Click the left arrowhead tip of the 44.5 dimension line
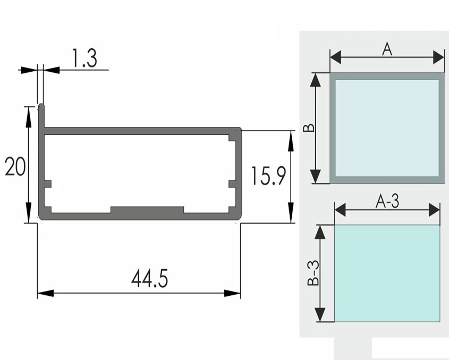click(x=38, y=293)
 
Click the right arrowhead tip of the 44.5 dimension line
click(x=240, y=293)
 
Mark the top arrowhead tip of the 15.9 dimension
click(x=291, y=131)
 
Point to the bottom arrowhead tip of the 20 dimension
click(x=28, y=222)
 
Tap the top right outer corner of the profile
click(x=241, y=128)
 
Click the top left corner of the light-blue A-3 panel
click(x=335, y=225)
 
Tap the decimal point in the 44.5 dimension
click(x=154, y=285)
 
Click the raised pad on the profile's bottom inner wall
click(x=147, y=210)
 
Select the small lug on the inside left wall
click(x=48, y=184)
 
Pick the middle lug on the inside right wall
click(x=232, y=184)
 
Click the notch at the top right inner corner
click(x=232, y=138)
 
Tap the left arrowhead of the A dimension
click(x=336, y=57)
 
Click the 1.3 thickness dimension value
click(x=84, y=58)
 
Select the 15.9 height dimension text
click(x=268, y=176)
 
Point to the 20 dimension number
click(x=15, y=166)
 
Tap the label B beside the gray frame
click(x=309, y=128)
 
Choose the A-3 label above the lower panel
click(x=387, y=201)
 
